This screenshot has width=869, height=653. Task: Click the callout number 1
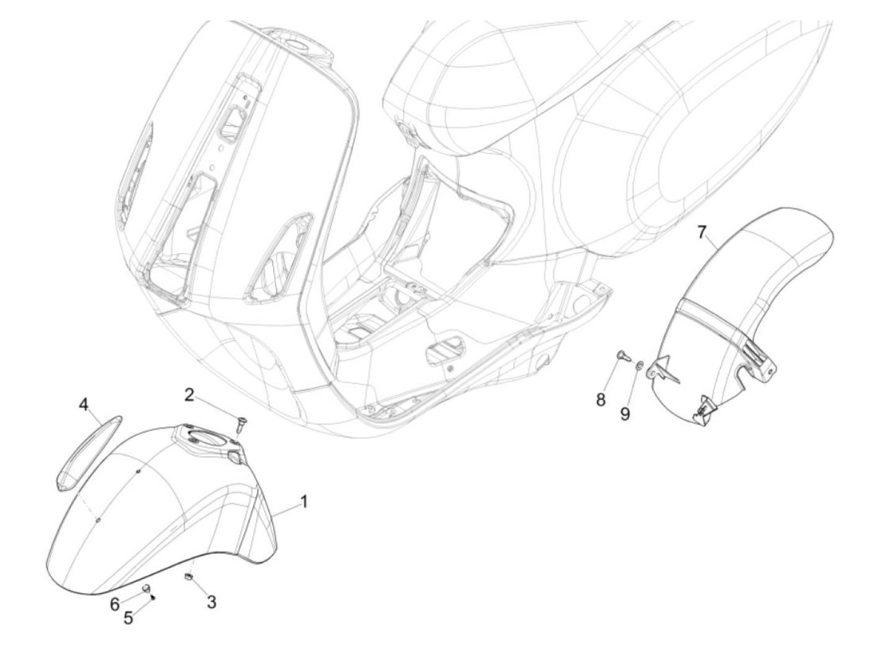pyautogui.click(x=304, y=501)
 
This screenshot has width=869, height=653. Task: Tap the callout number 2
pyautogui.click(x=189, y=394)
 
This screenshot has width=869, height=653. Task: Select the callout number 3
pyautogui.click(x=212, y=601)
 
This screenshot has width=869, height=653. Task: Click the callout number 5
pyautogui.click(x=128, y=618)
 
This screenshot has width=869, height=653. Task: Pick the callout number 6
pyautogui.click(x=115, y=603)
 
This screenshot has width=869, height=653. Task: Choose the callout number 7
pyautogui.click(x=701, y=232)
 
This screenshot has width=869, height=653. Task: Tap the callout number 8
pyautogui.click(x=600, y=399)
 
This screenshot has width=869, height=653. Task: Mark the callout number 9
pyautogui.click(x=625, y=413)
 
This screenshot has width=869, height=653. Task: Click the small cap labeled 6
pyautogui.click(x=147, y=587)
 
